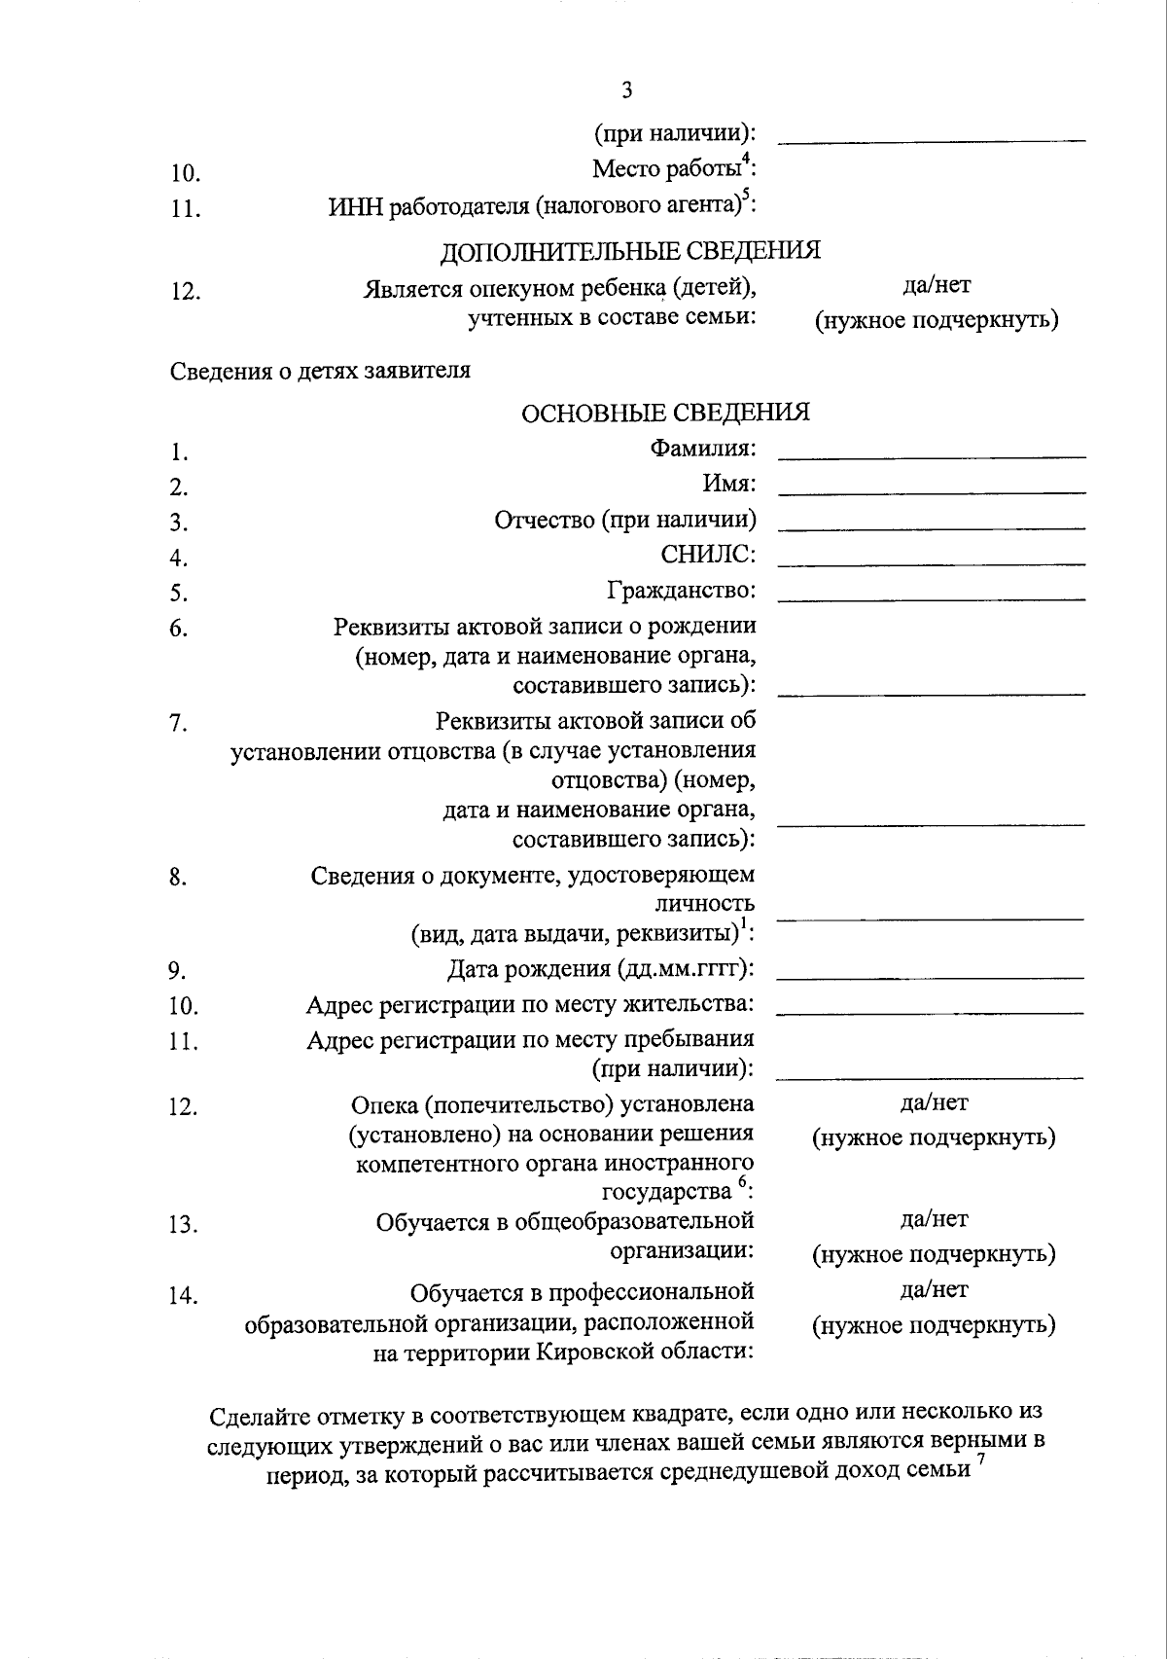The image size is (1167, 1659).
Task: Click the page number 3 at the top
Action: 626,90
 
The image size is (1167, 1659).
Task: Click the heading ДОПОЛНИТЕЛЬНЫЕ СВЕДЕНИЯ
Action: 630,251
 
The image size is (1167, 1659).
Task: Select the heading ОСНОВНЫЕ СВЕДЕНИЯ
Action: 665,413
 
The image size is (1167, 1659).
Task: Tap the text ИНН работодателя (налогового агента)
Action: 541,205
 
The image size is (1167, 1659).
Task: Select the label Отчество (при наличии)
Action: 625,520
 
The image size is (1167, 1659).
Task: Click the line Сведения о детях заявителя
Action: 321,371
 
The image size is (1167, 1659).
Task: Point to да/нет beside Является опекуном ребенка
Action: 937,285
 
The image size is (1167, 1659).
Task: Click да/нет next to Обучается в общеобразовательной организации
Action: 935,1218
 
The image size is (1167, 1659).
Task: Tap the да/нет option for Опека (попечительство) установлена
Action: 935,1102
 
